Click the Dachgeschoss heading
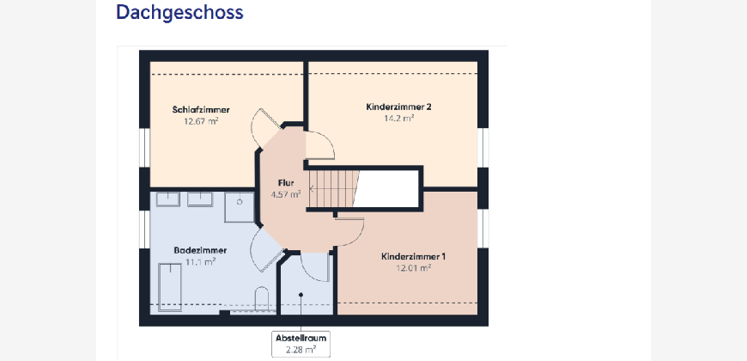179,12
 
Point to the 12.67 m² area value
201,120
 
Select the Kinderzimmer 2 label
398,107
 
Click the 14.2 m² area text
398,118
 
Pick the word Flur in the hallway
286,182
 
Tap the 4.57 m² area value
286,194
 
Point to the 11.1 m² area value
201,261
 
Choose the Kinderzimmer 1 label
414,256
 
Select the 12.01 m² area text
414,267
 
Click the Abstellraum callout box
301,344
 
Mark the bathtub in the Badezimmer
170,286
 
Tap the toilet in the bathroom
262,299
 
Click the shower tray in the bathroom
240,207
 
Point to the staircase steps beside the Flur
332,189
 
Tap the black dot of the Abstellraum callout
301,295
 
